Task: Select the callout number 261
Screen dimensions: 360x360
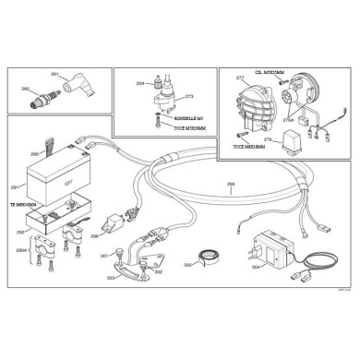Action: (x=54, y=73)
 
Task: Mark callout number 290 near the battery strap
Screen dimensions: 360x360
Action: (x=34, y=154)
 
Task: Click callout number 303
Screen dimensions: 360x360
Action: (x=111, y=278)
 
